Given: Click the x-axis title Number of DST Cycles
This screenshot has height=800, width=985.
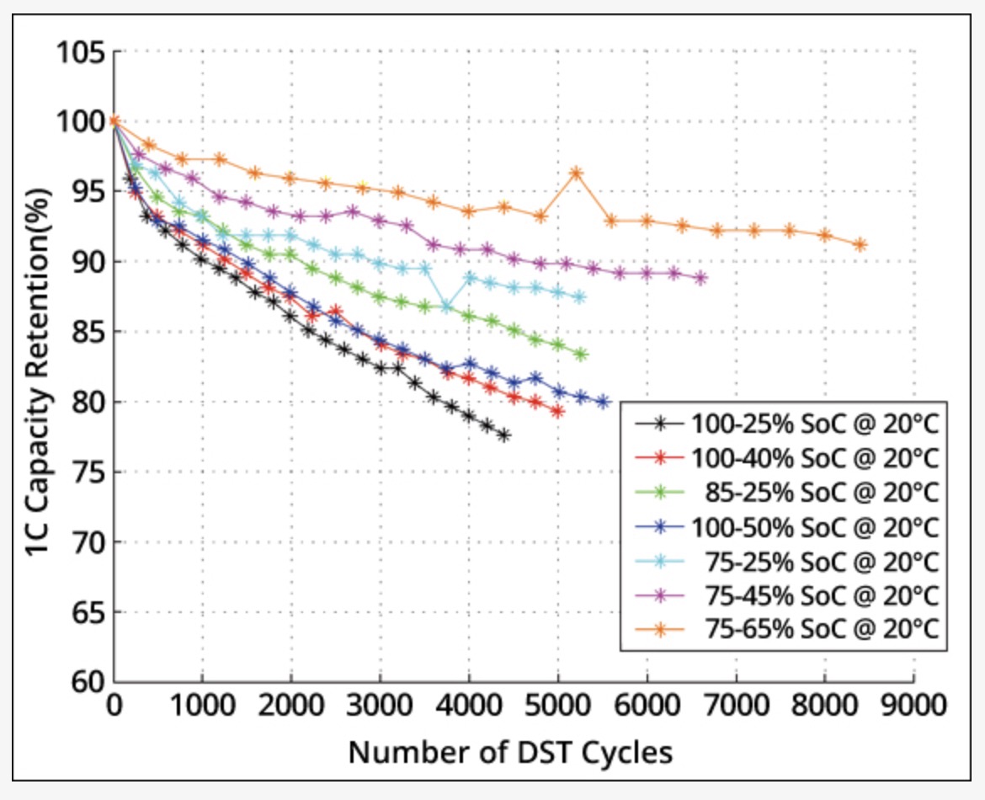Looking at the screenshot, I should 511,752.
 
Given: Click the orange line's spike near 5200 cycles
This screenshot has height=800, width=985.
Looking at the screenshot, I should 576,173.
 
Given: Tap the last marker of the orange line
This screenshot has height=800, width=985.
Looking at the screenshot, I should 860,245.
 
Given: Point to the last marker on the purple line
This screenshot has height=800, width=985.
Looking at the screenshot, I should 700,278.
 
